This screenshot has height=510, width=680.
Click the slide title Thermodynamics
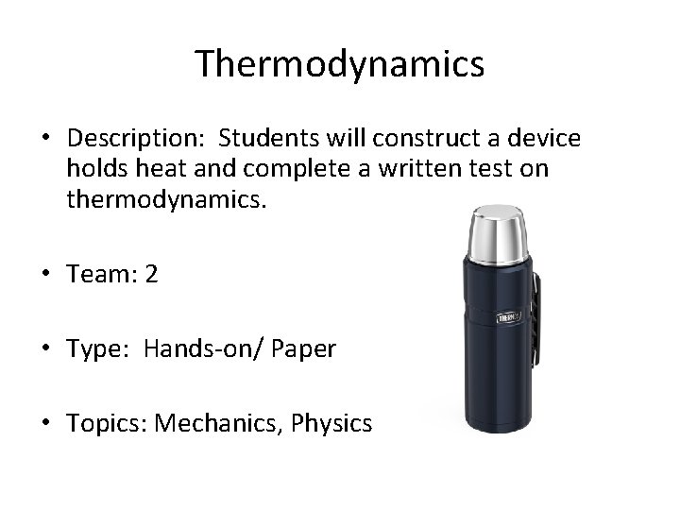click(x=340, y=64)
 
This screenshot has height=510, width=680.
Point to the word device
click(x=548, y=140)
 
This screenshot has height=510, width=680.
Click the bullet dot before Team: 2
click(x=46, y=275)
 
